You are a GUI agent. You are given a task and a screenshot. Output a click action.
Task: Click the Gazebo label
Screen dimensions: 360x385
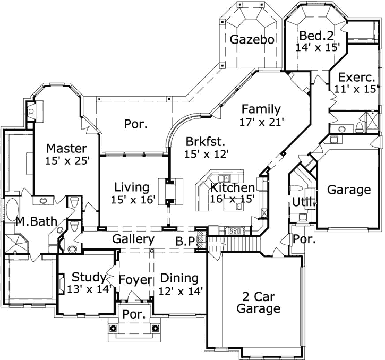252,39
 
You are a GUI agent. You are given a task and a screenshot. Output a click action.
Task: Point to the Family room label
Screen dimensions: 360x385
261,109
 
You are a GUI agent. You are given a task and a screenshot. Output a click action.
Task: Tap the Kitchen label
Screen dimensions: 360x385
232,187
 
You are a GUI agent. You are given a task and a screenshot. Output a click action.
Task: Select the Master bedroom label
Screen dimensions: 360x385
66,147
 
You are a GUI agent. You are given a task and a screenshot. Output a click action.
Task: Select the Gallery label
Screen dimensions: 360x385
133,239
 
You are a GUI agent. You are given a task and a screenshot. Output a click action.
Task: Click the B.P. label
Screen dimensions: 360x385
185,240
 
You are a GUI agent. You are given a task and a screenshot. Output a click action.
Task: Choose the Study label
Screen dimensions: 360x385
89,277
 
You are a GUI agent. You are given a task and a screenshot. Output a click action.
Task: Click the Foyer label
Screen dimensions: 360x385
135,279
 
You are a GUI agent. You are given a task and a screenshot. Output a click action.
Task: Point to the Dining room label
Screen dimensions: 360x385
179,278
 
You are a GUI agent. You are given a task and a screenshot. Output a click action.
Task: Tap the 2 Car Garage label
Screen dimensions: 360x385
258,302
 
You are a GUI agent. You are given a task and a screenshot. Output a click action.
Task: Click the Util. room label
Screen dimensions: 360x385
300,202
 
